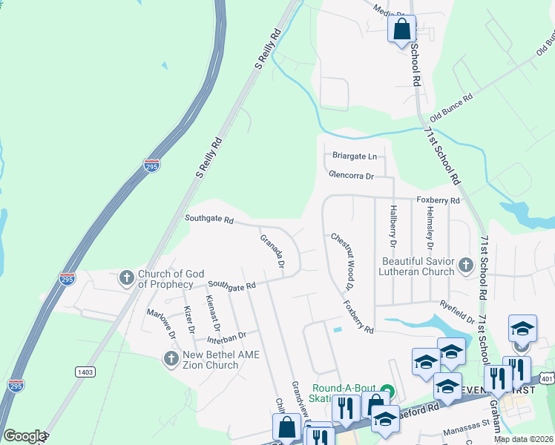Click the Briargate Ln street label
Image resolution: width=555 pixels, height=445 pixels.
tap(351, 156)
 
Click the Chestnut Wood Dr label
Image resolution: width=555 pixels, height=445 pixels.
tap(342, 260)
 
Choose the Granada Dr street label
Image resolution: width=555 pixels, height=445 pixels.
tap(272, 251)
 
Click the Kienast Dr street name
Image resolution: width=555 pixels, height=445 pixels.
tap(212, 313)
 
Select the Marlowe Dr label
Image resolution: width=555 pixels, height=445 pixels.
tap(161, 324)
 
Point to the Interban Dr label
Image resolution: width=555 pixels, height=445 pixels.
tap(226, 336)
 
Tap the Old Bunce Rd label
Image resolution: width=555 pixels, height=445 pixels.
tap(451, 107)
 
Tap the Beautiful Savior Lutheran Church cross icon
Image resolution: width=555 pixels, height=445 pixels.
tap(465, 266)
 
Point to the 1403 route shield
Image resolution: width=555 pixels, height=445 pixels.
tap(83, 370)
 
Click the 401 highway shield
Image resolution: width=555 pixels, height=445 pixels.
tap(548, 378)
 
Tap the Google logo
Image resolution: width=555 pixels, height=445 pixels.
tap(24, 436)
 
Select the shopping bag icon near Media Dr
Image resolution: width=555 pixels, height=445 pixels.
tap(401, 30)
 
